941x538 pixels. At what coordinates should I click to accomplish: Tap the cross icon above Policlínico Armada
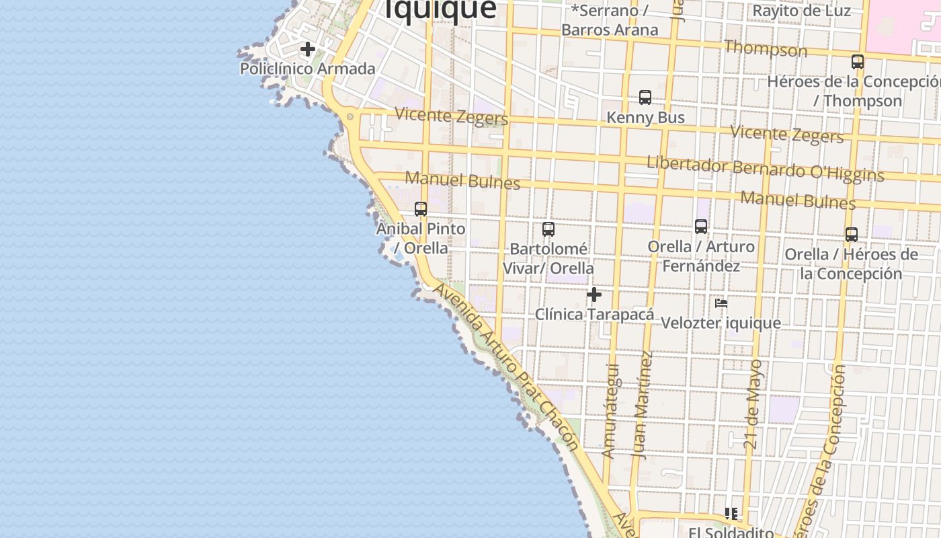pyautogui.click(x=308, y=49)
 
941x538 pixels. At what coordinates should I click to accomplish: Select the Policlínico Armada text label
pyautogui.click(x=308, y=69)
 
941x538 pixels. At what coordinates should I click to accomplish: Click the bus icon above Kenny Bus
pyautogui.click(x=645, y=98)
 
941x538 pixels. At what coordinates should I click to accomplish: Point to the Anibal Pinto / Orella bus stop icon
pyautogui.click(x=421, y=209)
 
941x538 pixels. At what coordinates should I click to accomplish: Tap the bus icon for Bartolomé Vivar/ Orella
pyautogui.click(x=548, y=229)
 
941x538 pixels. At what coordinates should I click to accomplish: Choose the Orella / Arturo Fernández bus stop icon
pyautogui.click(x=701, y=227)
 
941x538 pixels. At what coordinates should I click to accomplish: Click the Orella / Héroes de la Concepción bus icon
pyautogui.click(x=852, y=235)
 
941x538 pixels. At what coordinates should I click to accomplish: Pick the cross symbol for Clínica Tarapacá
pyautogui.click(x=594, y=295)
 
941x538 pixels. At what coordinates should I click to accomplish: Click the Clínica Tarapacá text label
pyautogui.click(x=594, y=314)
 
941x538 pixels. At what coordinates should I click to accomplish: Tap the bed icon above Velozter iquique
pyautogui.click(x=721, y=303)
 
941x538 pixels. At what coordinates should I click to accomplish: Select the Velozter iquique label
pyautogui.click(x=721, y=323)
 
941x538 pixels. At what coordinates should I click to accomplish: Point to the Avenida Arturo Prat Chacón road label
pyautogui.click(x=506, y=367)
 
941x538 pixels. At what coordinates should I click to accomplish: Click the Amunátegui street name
pyautogui.click(x=610, y=411)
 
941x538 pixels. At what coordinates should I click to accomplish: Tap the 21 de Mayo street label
pyautogui.click(x=755, y=405)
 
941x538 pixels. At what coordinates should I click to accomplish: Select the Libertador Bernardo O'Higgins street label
pyautogui.click(x=765, y=169)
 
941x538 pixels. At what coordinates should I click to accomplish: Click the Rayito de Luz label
pyautogui.click(x=801, y=11)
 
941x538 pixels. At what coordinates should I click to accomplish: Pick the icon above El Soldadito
pyautogui.click(x=731, y=514)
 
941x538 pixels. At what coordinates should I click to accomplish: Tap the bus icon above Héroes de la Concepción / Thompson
pyautogui.click(x=858, y=62)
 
